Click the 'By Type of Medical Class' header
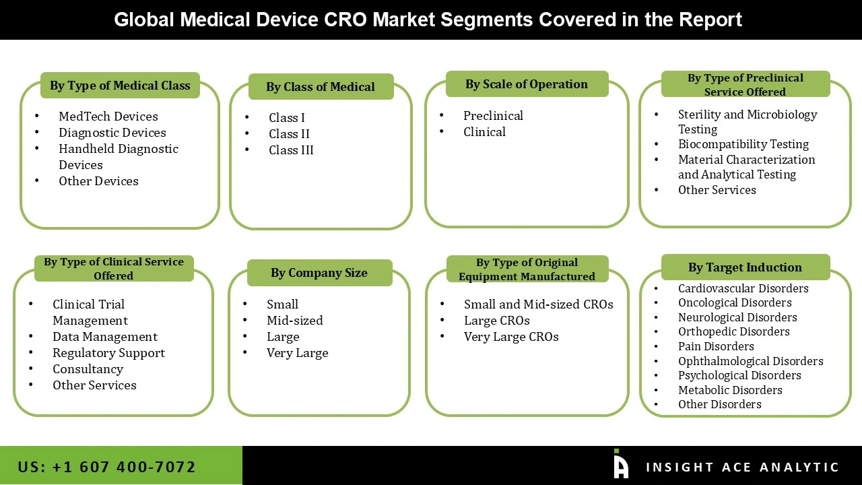click(120, 86)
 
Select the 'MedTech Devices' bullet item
click(108, 117)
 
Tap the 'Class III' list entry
click(291, 150)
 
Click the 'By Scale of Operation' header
click(527, 84)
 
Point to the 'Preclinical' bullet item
click(493, 116)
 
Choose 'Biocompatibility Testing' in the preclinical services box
click(743, 144)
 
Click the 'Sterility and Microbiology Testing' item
click(747, 122)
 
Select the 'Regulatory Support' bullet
click(108, 353)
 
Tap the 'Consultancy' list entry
click(88, 369)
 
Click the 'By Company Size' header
click(319, 273)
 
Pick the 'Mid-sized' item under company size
click(294, 321)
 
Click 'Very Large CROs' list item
click(511, 337)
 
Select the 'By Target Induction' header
click(745, 267)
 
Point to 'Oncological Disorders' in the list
click(735, 303)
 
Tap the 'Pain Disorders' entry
click(716, 346)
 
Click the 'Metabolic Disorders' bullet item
click(730, 390)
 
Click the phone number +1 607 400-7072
click(107, 467)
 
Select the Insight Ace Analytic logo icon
click(620, 464)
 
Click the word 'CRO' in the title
click(347, 20)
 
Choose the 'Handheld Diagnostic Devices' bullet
click(118, 157)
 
